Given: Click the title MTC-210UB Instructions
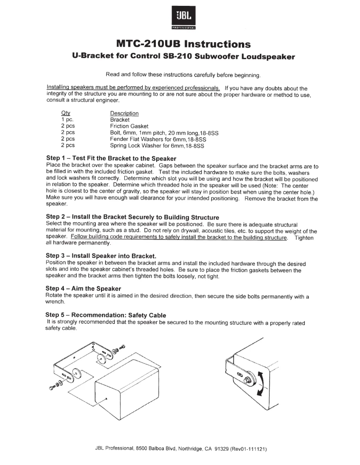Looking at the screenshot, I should (182, 44).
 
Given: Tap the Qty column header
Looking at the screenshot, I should (66, 113).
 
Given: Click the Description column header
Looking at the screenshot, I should (124, 113).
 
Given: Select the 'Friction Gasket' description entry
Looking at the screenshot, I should (129, 126).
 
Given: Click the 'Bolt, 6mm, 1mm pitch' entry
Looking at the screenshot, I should (164, 133).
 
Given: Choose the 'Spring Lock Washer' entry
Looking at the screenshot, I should (157, 146).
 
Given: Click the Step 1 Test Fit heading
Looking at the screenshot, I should (111, 159).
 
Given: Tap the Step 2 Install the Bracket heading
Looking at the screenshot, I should (132, 217).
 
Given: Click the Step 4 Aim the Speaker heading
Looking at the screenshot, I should (83, 288).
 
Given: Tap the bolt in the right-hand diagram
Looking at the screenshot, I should (246, 378).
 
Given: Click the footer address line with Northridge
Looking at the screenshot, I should (182, 449).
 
